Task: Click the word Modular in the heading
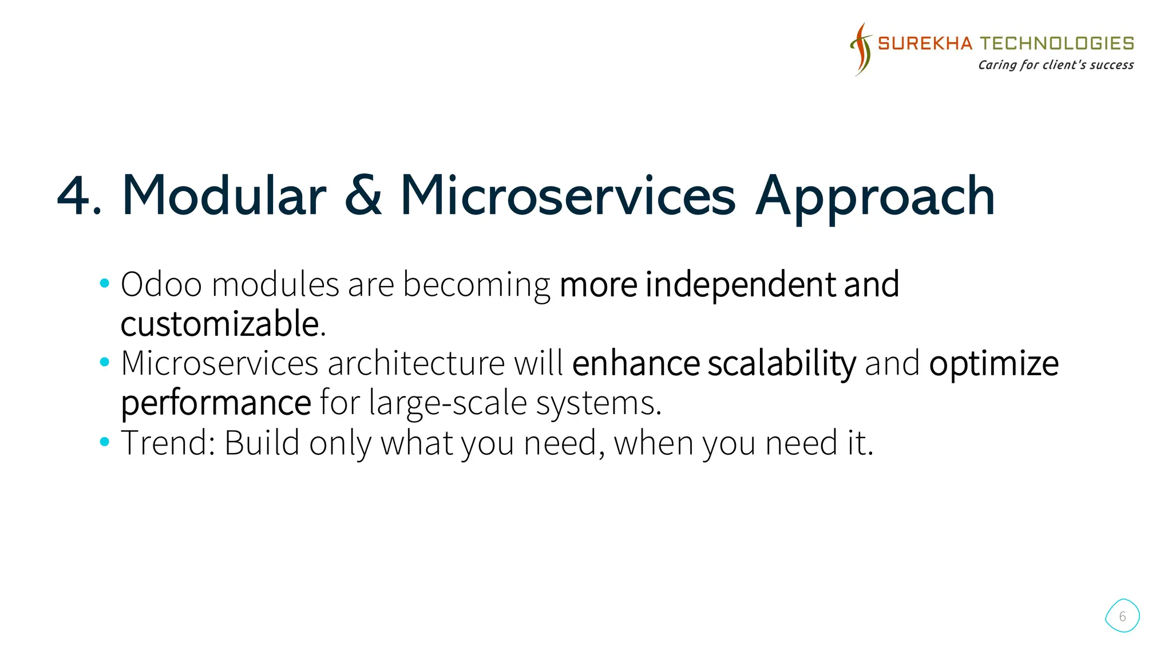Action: point(224,196)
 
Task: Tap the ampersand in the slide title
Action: point(363,196)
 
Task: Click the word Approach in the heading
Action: point(875,197)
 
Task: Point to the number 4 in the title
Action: point(74,196)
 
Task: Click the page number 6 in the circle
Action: point(1122,616)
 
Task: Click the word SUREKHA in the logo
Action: point(925,43)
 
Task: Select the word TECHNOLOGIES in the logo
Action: point(1057,43)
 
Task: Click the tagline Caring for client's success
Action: point(1055,65)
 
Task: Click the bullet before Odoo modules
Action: point(104,283)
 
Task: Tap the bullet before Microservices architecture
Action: point(104,362)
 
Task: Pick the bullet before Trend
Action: point(104,442)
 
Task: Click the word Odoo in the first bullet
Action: point(161,284)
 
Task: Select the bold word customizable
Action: point(220,324)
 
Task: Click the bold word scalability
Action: point(782,364)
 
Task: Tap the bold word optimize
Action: point(993,364)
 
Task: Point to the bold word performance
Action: point(216,403)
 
